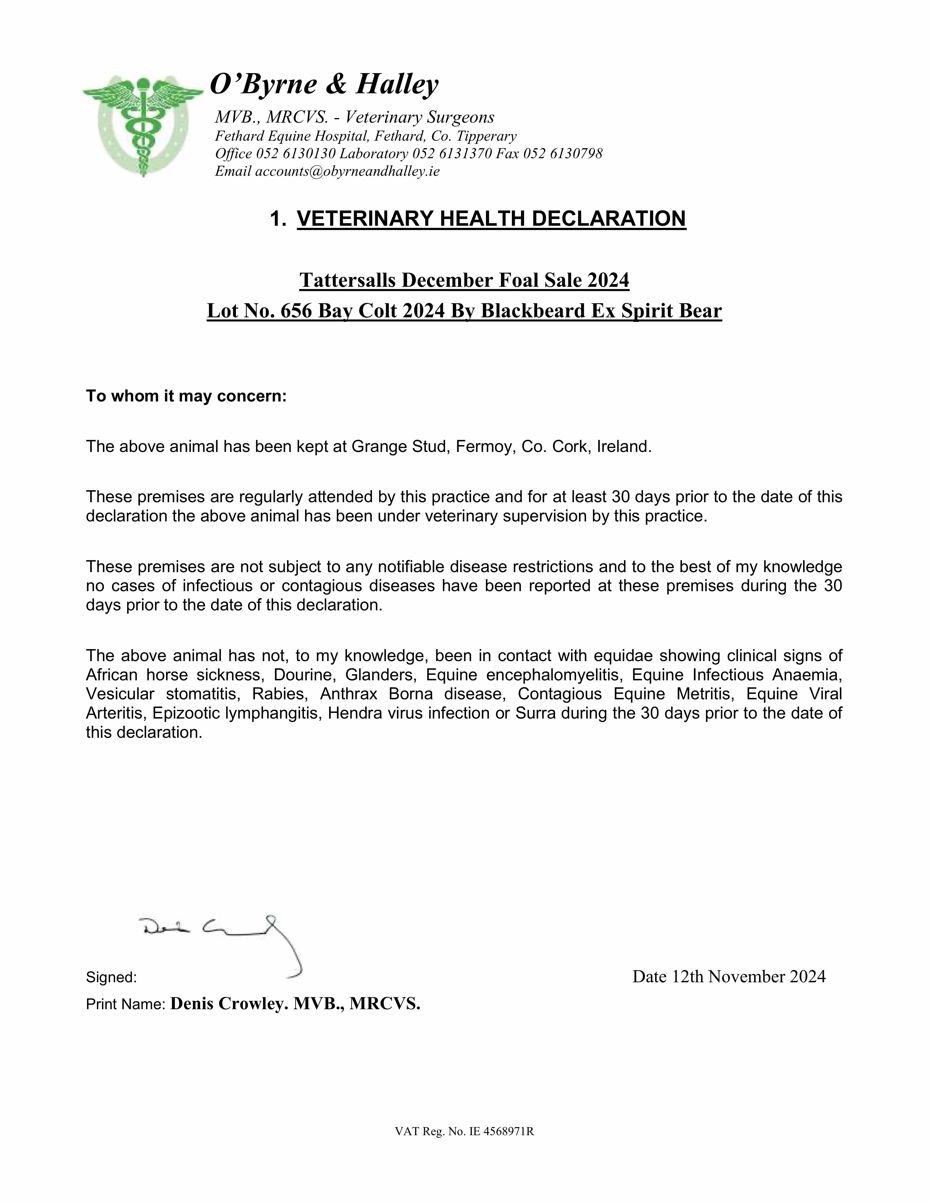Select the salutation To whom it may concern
click(x=186, y=396)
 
